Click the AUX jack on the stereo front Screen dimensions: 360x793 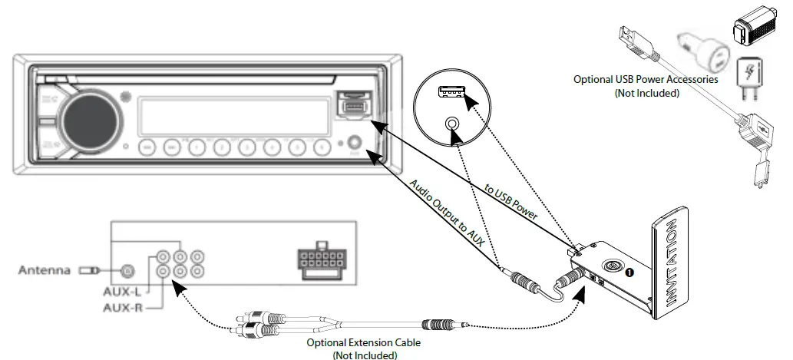coord(355,144)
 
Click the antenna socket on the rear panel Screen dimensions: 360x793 coord(127,270)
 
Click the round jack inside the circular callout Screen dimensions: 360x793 coord(452,123)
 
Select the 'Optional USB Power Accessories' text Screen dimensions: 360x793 coord(646,79)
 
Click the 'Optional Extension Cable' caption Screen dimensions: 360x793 coord(353,343)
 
